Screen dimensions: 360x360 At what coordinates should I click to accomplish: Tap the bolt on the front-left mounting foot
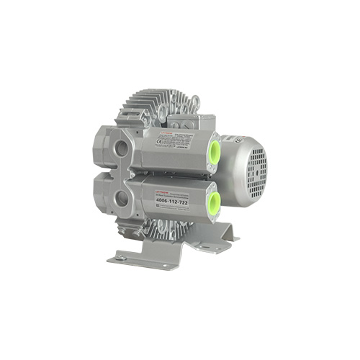[x=122, y=257]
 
